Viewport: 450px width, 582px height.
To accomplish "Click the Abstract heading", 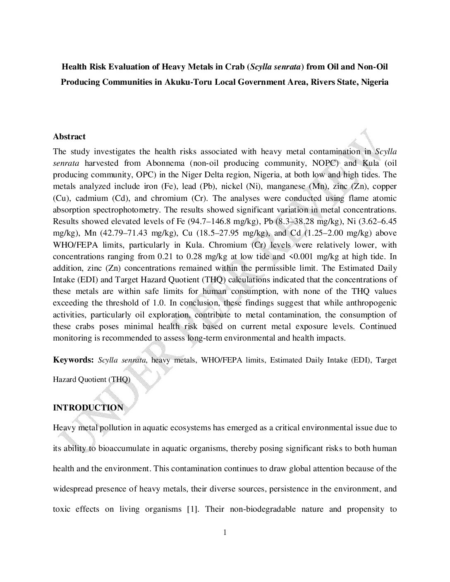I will (x=69, y=136).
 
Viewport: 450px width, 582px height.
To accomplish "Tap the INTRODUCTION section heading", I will (x=88, y=408).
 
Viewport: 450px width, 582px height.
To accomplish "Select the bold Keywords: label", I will (x=74, y=360).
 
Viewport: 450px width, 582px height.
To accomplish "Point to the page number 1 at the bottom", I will (x=225, y=532).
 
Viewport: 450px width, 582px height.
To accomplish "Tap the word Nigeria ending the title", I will (x=375, y=82).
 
